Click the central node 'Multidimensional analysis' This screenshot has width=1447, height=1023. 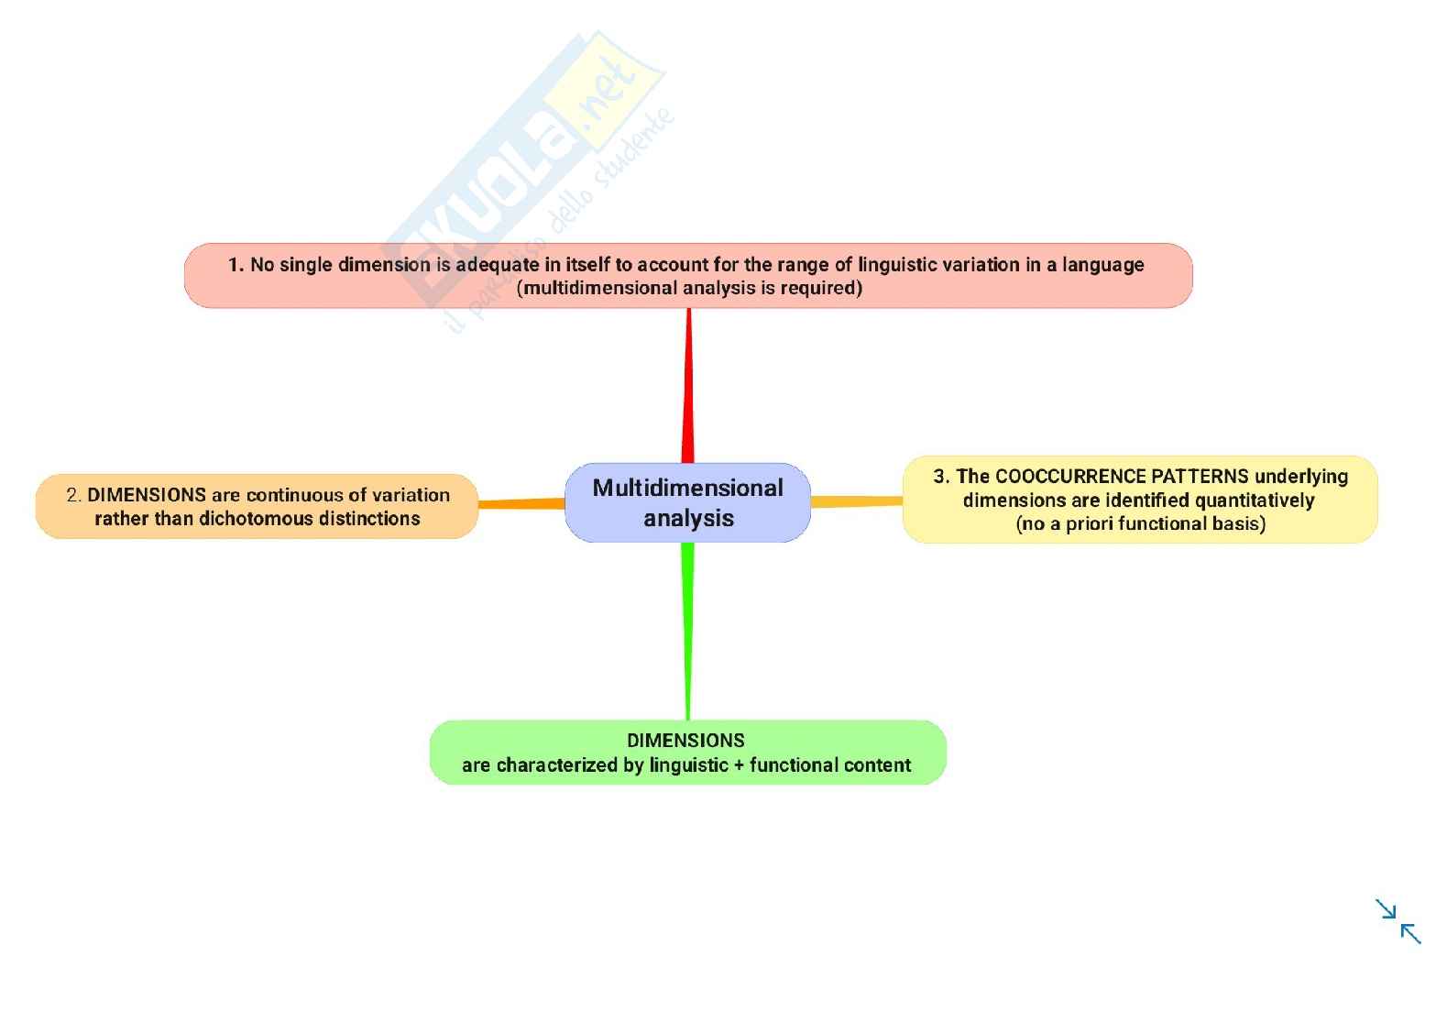pos(687,502)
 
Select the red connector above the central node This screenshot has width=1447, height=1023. pos(688,385)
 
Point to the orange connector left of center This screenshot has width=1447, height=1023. pos(521,503)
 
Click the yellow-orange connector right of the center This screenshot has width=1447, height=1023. pos(856,501)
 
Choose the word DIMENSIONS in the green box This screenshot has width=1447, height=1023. pos(685,741)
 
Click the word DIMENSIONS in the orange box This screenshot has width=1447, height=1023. pos(147,495)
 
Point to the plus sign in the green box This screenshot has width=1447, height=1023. pos(739,765)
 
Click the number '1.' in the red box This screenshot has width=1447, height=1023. pos(236,265)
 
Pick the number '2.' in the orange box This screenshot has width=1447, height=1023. pos(74,495)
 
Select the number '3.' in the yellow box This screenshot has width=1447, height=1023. pos(941,477)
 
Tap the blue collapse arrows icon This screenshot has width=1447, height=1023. pos(1398,920)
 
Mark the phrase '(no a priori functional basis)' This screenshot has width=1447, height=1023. pos(1140,524)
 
